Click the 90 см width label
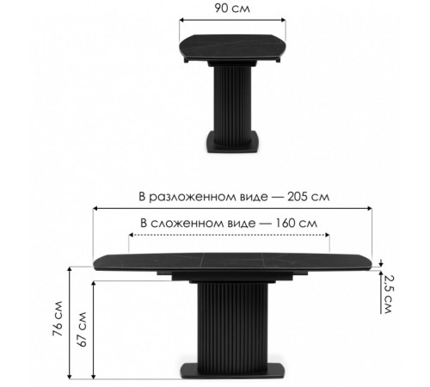232,8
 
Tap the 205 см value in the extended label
309,197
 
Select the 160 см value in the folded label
297,223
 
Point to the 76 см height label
58,318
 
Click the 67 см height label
82,329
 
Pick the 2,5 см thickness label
388,294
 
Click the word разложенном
208,197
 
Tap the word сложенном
203,224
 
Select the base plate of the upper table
232,142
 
